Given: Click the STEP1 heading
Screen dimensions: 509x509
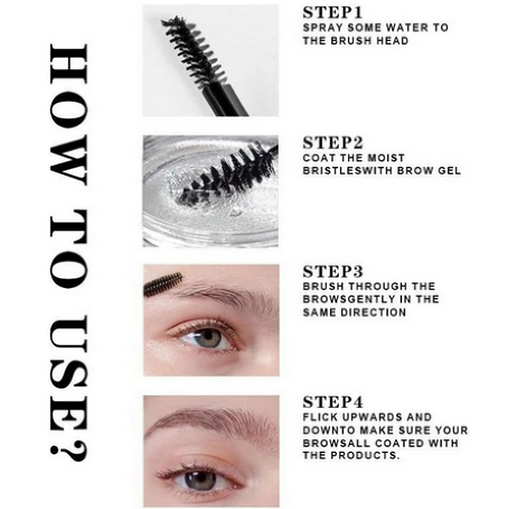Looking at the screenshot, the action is [x=332, y=13].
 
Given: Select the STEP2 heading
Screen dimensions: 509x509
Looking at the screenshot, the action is [x=333, y=143].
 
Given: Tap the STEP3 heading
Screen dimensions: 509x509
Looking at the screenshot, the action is [x=333, y=271].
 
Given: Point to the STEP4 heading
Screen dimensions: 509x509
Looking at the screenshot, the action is [x=333, y=402].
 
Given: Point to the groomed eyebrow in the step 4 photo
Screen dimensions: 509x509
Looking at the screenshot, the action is [x=211, y=419].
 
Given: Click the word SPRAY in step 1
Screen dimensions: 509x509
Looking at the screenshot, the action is [x=322, y=27].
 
